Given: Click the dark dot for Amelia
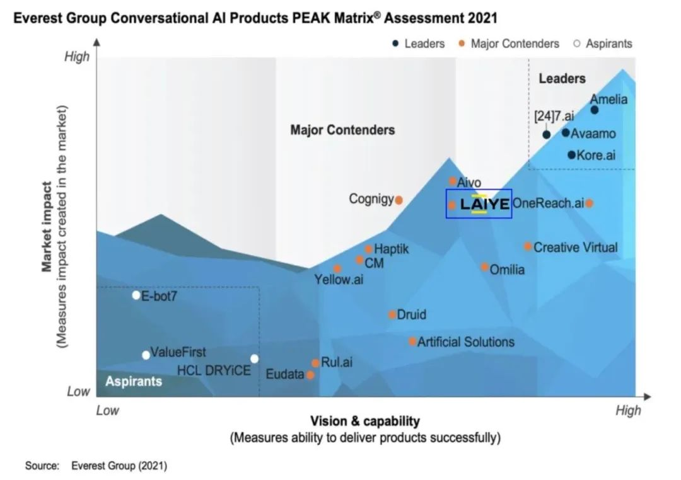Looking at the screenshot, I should (x=594, y=110).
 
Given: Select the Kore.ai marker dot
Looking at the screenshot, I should (x=571, y=155).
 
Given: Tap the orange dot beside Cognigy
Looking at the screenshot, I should (x=399, y=200).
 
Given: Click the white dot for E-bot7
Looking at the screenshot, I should (x=136, y=295).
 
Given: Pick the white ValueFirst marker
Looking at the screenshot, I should (x=146, y=355).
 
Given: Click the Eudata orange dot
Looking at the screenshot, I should (x=310, y=375).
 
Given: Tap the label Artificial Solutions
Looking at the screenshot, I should (x=465, y=342).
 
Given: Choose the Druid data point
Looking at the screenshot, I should (x=392, y=314).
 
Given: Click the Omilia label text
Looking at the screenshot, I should (x=507, y=270).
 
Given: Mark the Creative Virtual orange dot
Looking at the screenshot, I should (x=528, y=246).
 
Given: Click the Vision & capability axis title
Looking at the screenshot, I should (x=364, y=421).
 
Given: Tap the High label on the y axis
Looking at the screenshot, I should (x=78, y=57).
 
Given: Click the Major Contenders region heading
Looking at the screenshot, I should (x=342, y=130).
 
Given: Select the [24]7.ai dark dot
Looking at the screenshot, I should (x=547, y=134).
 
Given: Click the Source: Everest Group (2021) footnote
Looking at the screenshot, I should (x=96, y=466).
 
